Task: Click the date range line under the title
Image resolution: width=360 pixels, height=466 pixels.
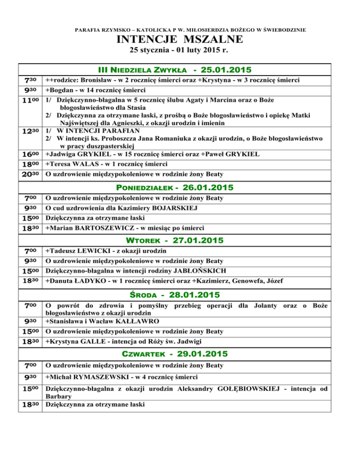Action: pos(180,50)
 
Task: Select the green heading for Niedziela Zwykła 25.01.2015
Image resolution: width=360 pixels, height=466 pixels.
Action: pos(180,70)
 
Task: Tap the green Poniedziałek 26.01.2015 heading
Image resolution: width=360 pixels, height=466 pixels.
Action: pos(180,188)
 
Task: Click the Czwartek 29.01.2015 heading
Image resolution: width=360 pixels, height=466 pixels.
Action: pos(180,352)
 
